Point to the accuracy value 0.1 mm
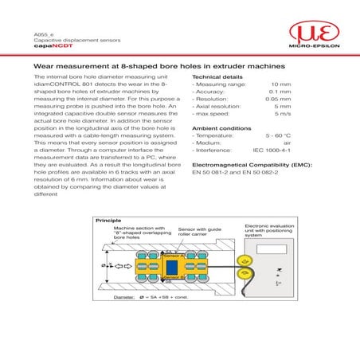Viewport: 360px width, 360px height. click(x=280, y=92)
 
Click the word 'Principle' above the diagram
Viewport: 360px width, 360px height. click(x=109, y=219)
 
